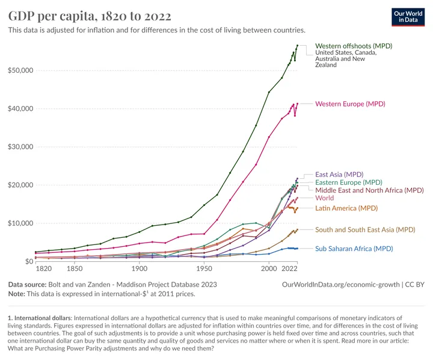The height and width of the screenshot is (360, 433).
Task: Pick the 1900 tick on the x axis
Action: coord(140,270)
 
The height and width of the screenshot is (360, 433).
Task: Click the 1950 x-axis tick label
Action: coord(204,270)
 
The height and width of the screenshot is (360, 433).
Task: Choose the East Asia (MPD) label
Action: coord(339,175)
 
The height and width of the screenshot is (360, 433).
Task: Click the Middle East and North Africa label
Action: coord(369,190)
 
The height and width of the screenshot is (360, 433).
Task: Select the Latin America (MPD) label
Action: coord(348,208)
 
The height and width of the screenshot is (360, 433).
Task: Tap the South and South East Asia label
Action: coord(365,229)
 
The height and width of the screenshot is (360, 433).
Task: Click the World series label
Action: coord(325,198)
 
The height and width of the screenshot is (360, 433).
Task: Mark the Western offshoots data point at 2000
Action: coord(269,92)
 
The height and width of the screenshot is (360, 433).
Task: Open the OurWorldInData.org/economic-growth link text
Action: coord(340,284)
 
